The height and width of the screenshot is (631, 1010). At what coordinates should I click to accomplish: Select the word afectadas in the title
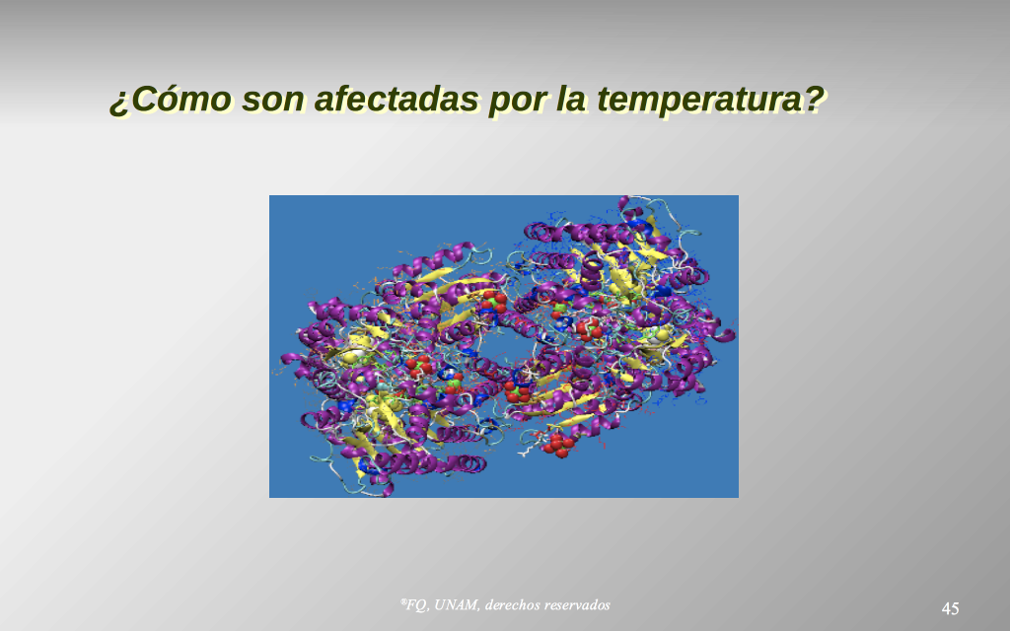pyautogui.click(x=397, y=99)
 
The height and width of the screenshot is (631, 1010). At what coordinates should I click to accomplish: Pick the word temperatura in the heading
pyautogui.click(x=701, y=101)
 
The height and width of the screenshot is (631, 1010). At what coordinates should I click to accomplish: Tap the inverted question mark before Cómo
pyautogui.click(x=118, y=104)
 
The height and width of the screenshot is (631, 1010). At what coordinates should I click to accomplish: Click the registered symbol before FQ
pyautogui.click(x=402, y=602)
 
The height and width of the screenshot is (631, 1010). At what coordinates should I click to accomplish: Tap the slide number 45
pyautogui.click(x=950, y=608)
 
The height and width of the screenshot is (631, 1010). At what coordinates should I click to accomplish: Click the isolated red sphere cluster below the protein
pyautogui.click(x=556, y=445)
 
